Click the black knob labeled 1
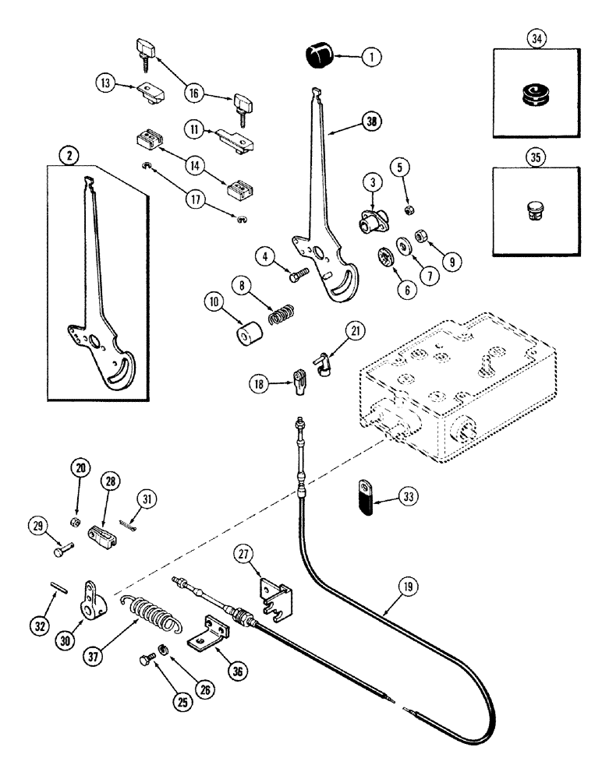point(317,56)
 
